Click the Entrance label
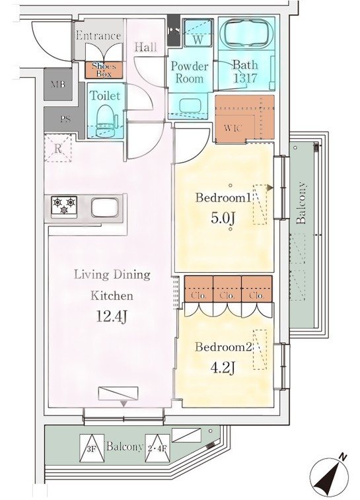(x=98, y=36)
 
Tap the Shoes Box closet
(x=102, y=69)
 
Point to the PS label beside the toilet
(x=65, y=120)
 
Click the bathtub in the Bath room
(x=245, y=39)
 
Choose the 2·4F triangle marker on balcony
(x=157, y=446)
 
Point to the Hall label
(x=145, y=48)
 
